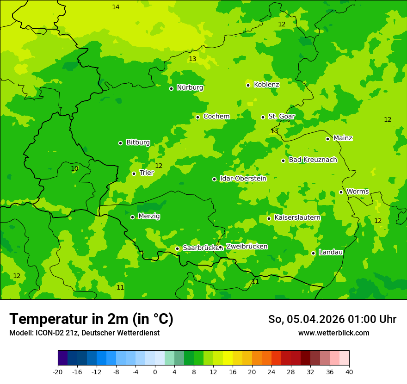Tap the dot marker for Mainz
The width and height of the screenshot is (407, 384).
point(327,139)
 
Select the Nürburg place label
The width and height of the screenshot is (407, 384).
point(190,87)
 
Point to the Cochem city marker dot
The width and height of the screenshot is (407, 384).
point(197,117)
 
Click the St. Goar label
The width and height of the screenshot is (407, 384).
point(281,117)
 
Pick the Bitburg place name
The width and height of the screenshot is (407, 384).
point(138,142)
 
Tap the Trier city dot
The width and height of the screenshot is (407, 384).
point(134,173)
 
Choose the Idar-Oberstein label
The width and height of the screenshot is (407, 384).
point(243,179)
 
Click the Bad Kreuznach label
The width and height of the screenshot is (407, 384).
point(313,160)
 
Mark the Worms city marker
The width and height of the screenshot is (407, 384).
point(341,192)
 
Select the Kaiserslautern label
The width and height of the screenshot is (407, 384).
point(297,217)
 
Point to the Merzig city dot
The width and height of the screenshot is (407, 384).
point(132,217)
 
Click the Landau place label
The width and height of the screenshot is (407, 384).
point(331,252)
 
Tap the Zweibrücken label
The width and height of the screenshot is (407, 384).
point(247,247)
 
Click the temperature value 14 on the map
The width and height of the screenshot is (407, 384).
point(116,7)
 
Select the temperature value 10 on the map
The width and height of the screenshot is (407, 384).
point(74,169)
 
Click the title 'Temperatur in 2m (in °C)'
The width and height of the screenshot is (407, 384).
point(91,319)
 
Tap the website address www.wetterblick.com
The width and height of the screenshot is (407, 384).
point(333,333)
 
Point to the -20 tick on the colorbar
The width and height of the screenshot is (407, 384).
point(58,372)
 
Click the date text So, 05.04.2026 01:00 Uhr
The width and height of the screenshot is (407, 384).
point(332,319)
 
